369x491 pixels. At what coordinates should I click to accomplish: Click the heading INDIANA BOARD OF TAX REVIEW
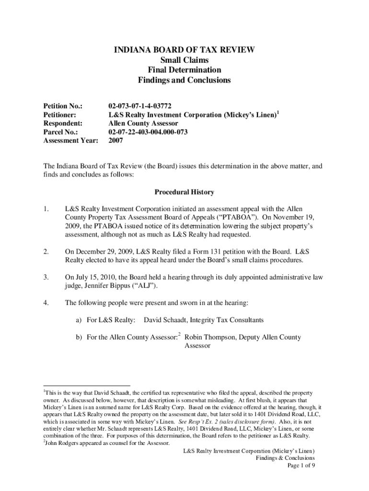click(x=184, y=50)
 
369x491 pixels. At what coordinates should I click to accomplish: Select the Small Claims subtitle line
click(x=184, y=60)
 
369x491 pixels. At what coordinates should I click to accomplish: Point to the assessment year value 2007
click(x=116, y=141)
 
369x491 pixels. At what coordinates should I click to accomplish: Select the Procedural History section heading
click(x=184, y=192)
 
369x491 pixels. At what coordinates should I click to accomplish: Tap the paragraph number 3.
click(x=46, y=277)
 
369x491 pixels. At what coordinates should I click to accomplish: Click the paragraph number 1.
click(x=46, y=209)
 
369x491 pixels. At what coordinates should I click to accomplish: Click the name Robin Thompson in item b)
click(x=208, y=337)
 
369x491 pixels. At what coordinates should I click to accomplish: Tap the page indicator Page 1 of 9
click(x=300, y=466)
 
